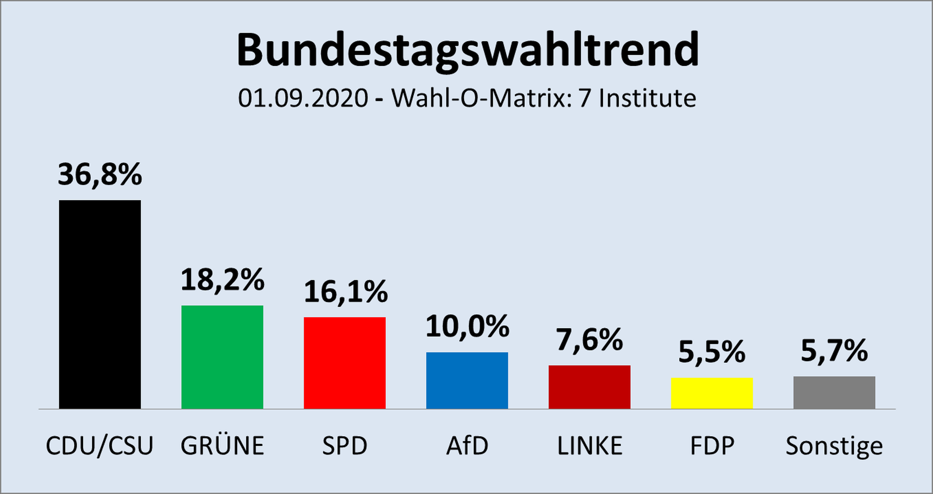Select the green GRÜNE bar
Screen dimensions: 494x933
[222, 357]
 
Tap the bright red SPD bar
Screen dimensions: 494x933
[345, 363]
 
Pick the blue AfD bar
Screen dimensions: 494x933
[467, 380]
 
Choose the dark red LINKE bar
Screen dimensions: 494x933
[589, 387]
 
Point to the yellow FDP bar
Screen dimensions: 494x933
[712, 393]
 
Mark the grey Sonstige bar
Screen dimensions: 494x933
[834, 392]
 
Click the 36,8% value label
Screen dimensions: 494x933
[100, 174]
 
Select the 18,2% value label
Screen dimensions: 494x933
[222, 280]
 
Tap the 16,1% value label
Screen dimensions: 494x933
[346, 292]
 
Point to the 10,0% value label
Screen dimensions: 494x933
[467, 326]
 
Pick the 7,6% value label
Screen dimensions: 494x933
[589, 339]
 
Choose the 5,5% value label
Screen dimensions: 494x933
[712, 352]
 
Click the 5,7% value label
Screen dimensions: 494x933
[834, 350]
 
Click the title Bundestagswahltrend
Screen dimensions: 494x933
[467, 50]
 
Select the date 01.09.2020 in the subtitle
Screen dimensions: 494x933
[303, 98]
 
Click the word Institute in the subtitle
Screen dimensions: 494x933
[647, 98]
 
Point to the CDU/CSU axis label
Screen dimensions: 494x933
[100, 445]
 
